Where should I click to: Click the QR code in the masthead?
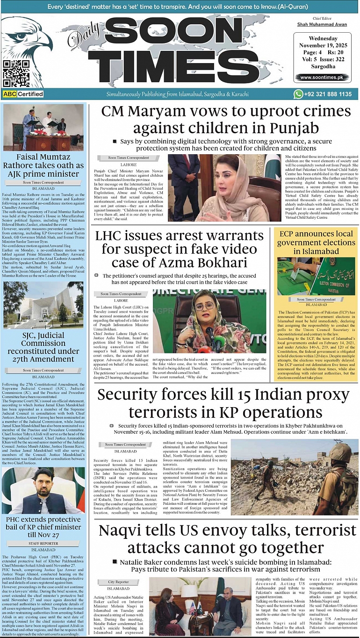point(16,73)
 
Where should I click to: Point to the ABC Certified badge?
point(23,94)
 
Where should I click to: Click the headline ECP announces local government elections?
point(316,242)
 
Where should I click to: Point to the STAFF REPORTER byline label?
point(43,543)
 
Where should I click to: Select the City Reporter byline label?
point(118,582)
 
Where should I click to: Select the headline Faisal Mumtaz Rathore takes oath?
point(43,165)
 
